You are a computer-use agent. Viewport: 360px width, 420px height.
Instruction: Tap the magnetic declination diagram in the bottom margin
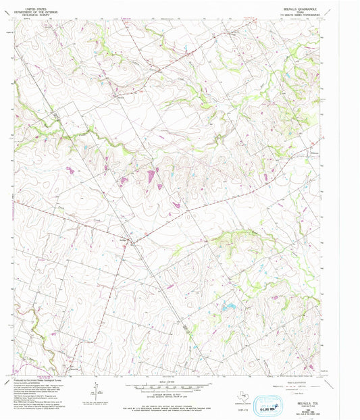95,390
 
